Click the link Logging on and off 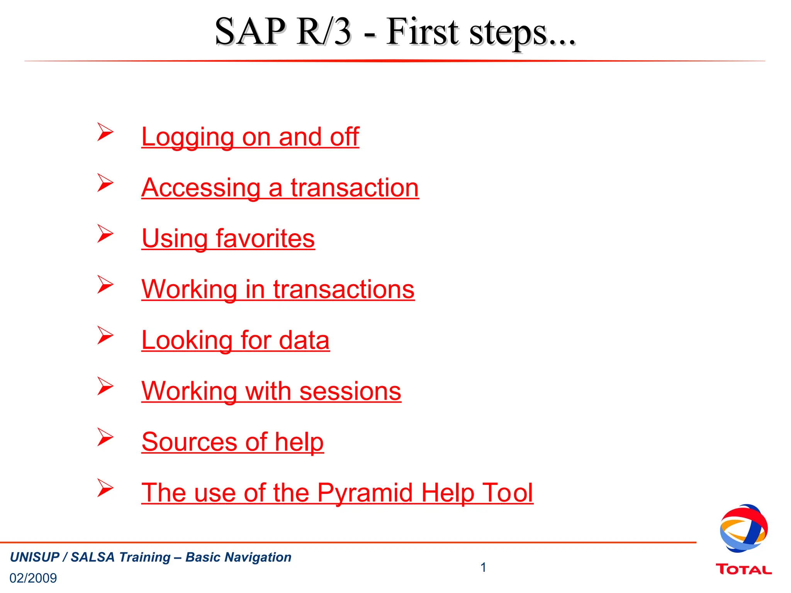[250, 137]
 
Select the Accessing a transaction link [280, 188]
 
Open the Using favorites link [228, 238]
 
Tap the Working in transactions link [278, 289]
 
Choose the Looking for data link [235, 340]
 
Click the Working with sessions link [271, 391]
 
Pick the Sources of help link [233, 442]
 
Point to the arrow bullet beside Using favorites [105, 234]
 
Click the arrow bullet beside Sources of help [105, 437]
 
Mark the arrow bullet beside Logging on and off [105, 132]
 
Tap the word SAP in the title [250, 32]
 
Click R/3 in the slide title [324, 32]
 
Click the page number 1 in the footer [483, 568]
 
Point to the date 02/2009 [33, 578]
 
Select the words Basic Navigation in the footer [238, 557]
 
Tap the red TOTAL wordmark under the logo [743, 569]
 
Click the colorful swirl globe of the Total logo [743, 528]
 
